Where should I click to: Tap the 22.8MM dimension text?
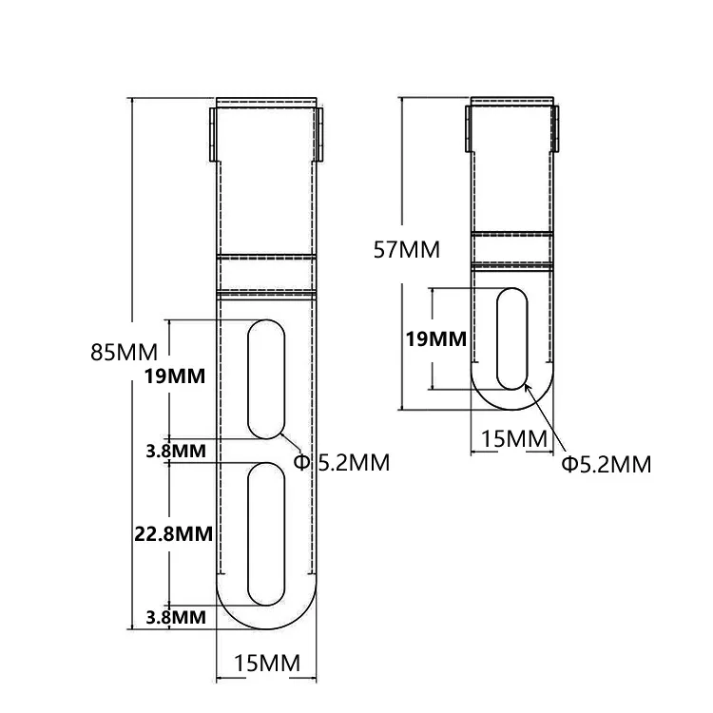(172, 533)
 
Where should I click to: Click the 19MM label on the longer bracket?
(175, 376)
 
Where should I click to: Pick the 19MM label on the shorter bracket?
(435, 338)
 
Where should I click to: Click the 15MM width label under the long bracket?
(266, 663)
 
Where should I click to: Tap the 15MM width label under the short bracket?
(513, 438)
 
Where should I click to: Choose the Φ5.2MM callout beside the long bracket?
(341, 463)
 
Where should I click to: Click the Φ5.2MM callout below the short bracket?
(606, 464)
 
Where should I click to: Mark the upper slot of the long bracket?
(266, 380)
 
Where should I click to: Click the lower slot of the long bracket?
(266, 534)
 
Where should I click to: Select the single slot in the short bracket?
(513, 337)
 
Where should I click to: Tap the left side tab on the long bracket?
(212, 134)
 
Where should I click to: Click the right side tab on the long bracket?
(320, 134)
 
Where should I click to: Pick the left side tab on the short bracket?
(468, 126)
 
